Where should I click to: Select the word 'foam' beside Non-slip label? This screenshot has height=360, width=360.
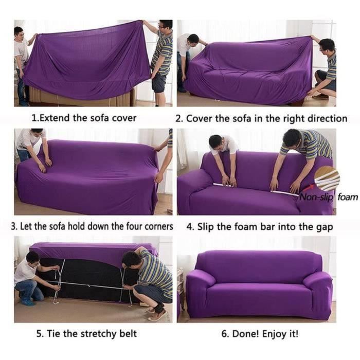click(x=348, y=197)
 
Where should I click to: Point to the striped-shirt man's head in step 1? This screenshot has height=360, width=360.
click(x=165, y=26)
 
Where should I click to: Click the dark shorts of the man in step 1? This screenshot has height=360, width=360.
click(x=159, y=82)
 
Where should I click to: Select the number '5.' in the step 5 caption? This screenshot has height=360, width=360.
click(x=40, y=334)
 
